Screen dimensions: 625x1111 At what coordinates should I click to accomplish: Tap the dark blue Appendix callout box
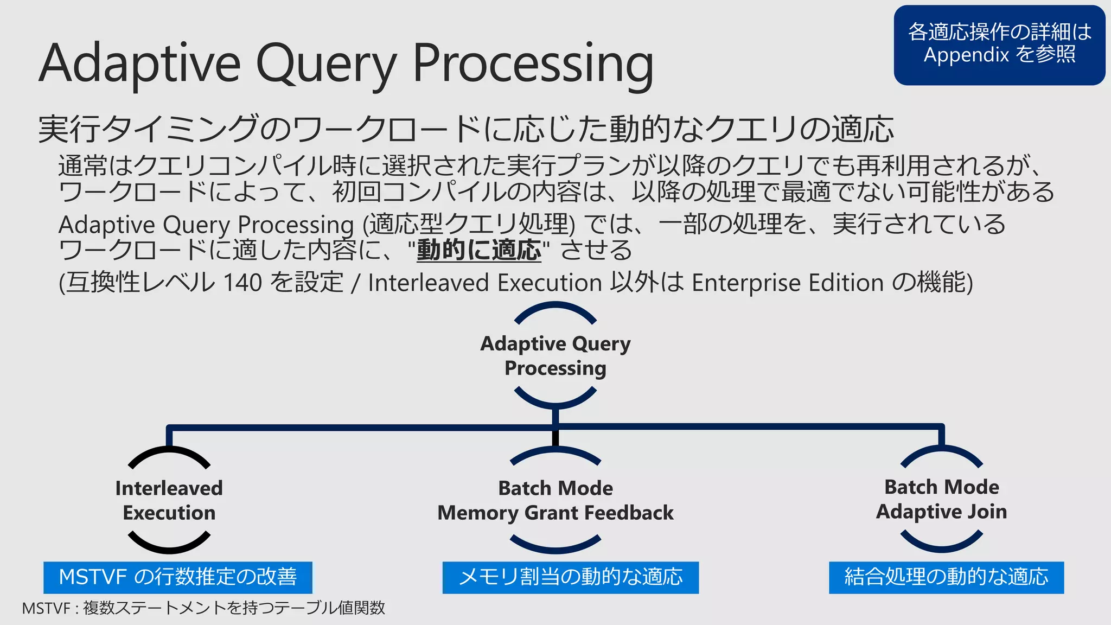(x=999, y=44)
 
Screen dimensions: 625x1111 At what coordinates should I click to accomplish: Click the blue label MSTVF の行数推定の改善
(x=177, y=577)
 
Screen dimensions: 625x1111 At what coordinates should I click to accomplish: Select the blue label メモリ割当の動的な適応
(x=570, y=577)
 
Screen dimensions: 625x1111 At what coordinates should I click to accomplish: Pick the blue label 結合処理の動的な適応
(x=946, y=577)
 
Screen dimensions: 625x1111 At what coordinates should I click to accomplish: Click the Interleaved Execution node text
(x=169, y=500)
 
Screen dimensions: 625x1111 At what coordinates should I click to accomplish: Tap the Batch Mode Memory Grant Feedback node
(x=555, y=500)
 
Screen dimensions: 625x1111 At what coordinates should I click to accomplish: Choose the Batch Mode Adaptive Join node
(x=941, y=499)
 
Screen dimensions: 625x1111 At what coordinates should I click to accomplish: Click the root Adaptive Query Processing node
(x=555, y=356)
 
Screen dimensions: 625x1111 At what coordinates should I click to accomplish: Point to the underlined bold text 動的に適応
(x=479, y=250)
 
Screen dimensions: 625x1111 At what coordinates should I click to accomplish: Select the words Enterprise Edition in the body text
(x=788, y=283)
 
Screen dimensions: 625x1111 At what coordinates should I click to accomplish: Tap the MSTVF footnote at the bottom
(x=203, y=608)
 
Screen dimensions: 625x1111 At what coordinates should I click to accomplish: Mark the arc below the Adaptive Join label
(x=941, y=544)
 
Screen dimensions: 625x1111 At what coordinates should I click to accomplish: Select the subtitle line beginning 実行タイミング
(x=465, y=129)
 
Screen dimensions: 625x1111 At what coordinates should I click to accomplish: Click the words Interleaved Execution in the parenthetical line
(x=484, y=283)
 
